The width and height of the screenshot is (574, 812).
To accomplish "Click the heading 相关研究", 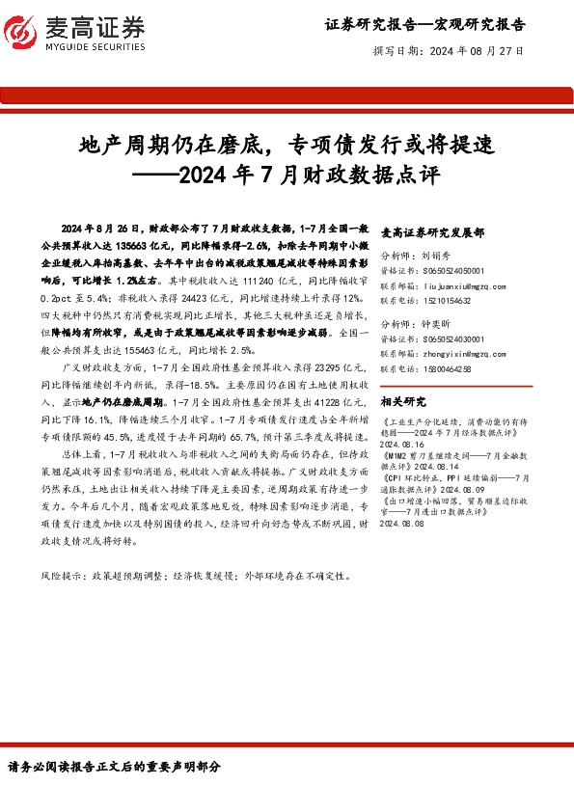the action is [x=402, y=400].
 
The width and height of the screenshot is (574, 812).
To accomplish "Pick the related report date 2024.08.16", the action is [x=406, y=444].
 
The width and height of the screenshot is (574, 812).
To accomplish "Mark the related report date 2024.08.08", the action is [x=406, y=525].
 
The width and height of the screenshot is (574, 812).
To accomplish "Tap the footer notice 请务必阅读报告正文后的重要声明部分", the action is [x=114, y=768].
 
